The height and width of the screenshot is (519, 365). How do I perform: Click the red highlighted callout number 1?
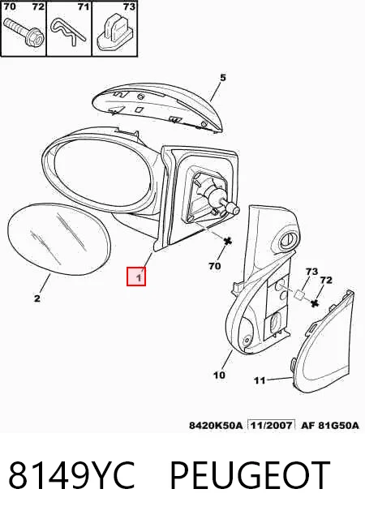point(136,277)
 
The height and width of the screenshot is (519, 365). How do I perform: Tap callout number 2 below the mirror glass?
point(36,298)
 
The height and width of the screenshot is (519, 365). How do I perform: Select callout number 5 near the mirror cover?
point(222,78)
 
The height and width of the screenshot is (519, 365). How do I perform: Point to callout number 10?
point(219,375)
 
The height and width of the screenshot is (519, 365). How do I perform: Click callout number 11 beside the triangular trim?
point(260,380)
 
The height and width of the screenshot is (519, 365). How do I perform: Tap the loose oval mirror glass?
point(58,239)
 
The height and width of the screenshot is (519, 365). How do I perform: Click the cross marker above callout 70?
point(228,241)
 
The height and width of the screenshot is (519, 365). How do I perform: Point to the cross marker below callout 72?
point(315,302)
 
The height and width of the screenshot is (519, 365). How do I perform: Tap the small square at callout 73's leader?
point(299,294)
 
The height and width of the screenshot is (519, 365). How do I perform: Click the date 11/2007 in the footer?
point(272,425)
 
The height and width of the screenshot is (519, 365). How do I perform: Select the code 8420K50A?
point(216,425)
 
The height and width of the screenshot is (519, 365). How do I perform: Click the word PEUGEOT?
point(250,475)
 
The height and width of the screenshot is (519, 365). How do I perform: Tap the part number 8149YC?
point(71,475)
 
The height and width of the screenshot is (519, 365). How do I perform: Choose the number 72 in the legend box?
point(38,6)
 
